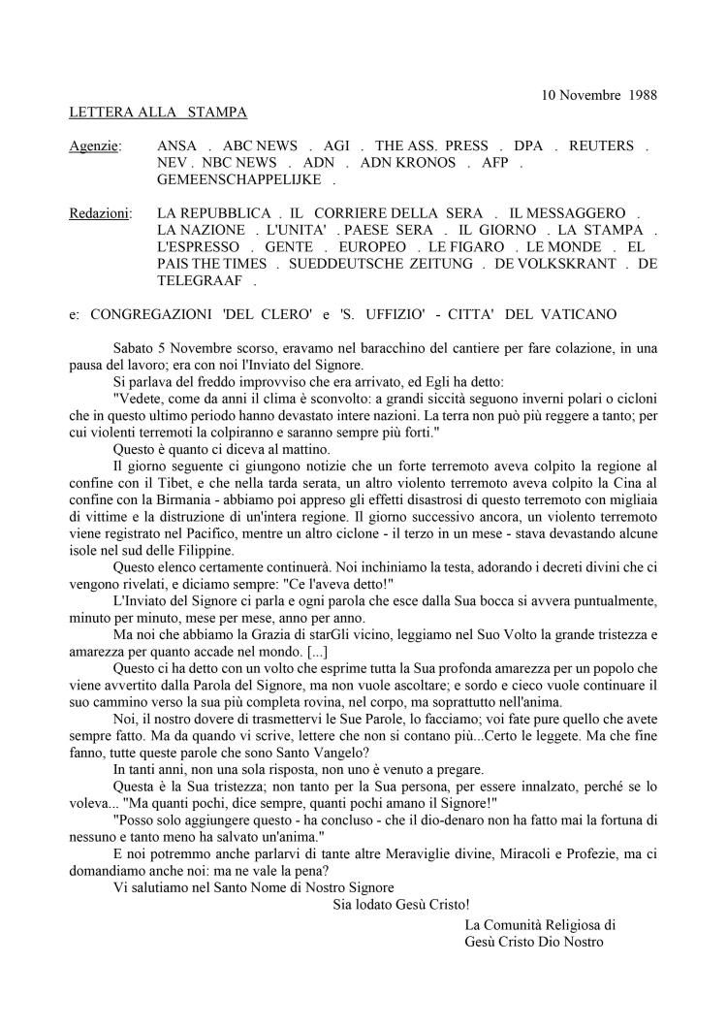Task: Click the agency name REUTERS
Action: coord(601,145)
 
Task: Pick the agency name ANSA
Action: coord(176,145)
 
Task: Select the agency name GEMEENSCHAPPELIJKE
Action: coord(240,179)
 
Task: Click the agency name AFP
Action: coord(495,163)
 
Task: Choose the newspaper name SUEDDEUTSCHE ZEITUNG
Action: coord(355,264)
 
